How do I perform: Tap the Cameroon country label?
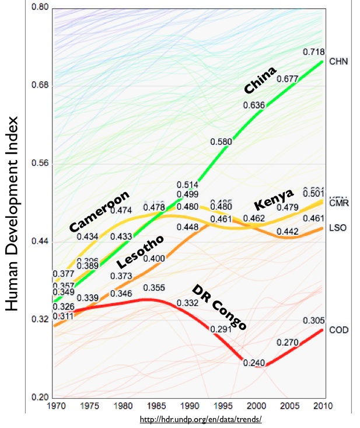tap(99, 210)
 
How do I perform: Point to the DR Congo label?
tap(219, 308)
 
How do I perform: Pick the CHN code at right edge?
tap(338, 61)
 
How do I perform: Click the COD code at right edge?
tap(338, 330)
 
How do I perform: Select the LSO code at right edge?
tap(338, 227)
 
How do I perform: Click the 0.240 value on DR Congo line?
tap(254, 363)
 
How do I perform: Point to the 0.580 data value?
tap(221, 141)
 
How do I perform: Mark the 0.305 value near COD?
tap(313, 321)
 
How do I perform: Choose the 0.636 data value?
tap(254, 105)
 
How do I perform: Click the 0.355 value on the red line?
tap(153, 287)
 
